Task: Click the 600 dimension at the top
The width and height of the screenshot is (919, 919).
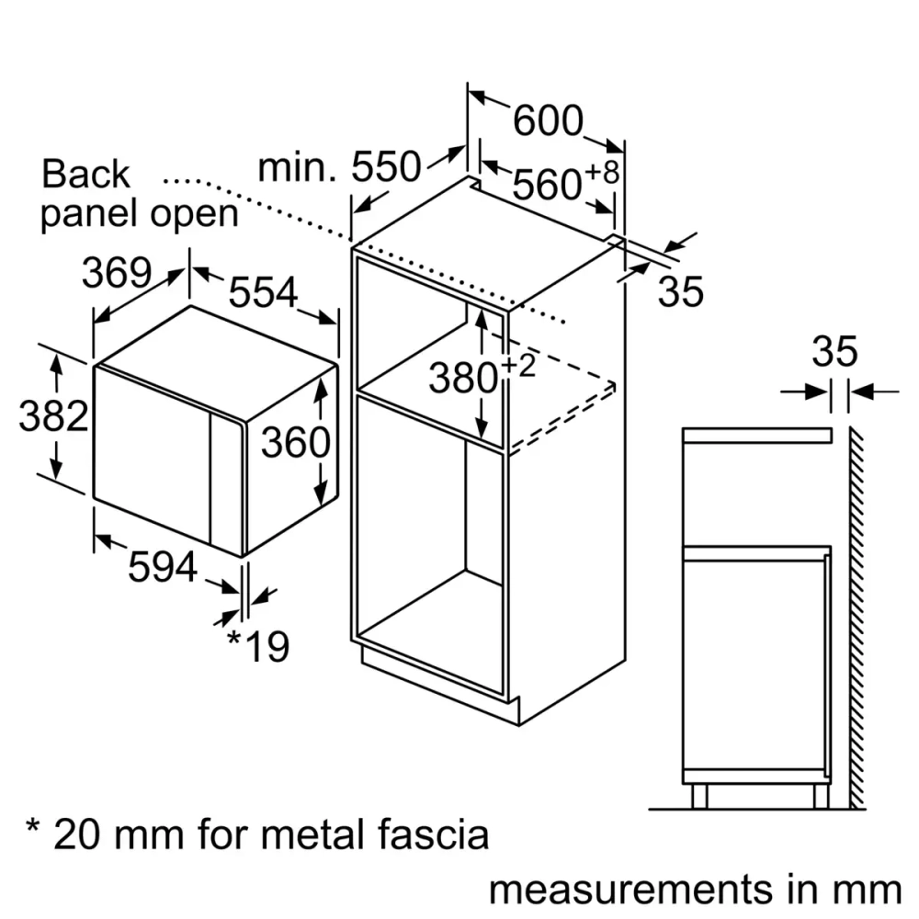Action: point(548,120)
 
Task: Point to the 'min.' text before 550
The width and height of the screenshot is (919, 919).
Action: point(296,167)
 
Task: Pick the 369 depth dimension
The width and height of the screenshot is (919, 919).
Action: point(117,272)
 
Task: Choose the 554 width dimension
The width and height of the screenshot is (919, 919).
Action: point(264,292)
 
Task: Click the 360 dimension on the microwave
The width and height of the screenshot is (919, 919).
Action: point(295,443)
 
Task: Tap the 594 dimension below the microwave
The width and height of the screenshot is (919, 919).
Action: point(162,567)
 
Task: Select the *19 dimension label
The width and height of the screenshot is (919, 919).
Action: point(257,646)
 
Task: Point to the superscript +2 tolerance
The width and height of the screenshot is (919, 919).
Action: point(518,366)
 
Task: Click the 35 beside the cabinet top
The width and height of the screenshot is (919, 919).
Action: point(681,291)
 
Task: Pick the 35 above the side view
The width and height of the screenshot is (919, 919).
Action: point(834,352)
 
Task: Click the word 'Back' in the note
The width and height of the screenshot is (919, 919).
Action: point(86,174)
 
